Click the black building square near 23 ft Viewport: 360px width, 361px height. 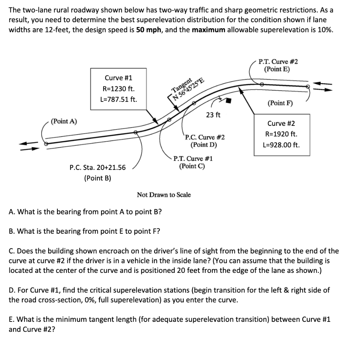(x=228, y=101)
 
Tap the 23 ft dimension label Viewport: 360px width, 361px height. (x=213, y=115)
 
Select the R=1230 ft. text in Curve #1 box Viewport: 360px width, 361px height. (x=119, y=88)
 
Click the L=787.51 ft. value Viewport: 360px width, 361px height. (x=119, y=99)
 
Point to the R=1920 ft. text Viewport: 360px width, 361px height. (x=281, y=134)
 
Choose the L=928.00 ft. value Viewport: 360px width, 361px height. (x=281, y=145)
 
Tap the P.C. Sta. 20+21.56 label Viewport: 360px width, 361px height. (x=98, y=167)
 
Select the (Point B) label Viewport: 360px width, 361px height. (x=98, y=178)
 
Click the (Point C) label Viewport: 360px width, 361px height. (x=192, y=166)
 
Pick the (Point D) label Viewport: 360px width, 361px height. (x=204, y=145)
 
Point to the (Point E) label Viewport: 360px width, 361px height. (x=277, y=69)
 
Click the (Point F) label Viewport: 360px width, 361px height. (x=280, y=103)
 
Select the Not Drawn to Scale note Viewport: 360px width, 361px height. (x=164, y=195)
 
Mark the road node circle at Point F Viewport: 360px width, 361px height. (x=308, y=86)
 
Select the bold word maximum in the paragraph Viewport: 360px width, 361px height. (x=208, y=29)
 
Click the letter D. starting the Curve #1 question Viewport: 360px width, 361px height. (x=12, y=290)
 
